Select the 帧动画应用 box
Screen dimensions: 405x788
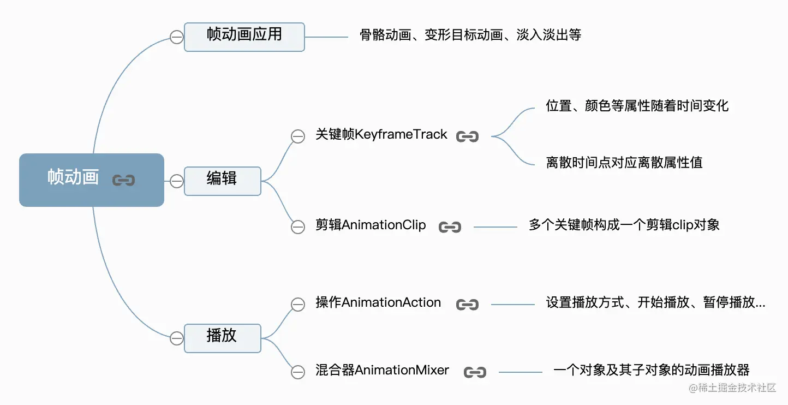click(244, 37)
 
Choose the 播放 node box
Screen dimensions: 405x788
click(222, 338)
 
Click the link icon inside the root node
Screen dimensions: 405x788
click(123, 180)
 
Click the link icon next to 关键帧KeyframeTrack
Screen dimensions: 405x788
click(467, 136)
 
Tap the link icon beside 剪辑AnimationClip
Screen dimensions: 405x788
click(450, 227)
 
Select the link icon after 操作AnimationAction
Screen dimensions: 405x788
click(467, 305)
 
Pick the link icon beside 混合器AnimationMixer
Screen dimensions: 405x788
click(475, 372)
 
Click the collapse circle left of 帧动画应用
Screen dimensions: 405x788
click(176, 37)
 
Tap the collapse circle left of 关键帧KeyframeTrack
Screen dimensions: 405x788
click(298, 136)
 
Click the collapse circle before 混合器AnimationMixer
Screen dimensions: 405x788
click(298, 372)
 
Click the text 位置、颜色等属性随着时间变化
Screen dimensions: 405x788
click(637, 106)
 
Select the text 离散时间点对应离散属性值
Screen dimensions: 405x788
click(624, 163)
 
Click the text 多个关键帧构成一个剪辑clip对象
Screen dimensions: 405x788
click(624, 225)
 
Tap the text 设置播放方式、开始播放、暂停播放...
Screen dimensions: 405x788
click(655, 303)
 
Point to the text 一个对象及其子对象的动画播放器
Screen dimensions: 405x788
click(651, 371)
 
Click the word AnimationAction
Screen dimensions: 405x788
click(391, 303)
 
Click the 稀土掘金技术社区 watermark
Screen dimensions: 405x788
click(732, 388)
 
